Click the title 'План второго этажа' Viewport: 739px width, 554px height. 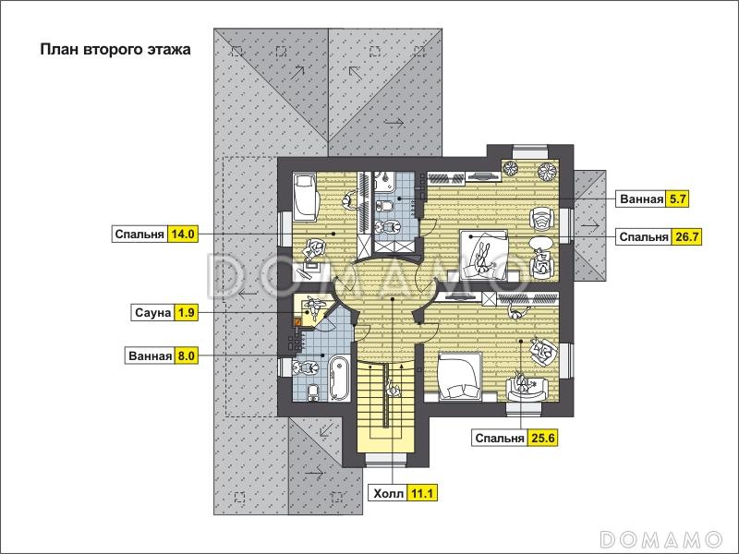(115, 50)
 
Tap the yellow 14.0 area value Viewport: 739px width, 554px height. (183, 234)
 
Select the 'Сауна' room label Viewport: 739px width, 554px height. (152, 312)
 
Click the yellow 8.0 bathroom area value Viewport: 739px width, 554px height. (186, 355)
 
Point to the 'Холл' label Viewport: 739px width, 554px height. (388, 494)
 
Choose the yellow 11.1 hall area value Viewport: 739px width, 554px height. (422, 494)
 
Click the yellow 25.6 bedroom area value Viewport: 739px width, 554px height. (542, 438)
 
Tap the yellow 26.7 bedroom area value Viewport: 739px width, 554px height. (686, 236)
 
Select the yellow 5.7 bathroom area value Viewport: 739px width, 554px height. (677, 199)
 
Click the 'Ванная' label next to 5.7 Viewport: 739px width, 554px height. (641, 199)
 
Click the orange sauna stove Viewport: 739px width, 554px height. (297, 322)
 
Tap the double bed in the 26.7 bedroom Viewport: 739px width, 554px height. (483, 253)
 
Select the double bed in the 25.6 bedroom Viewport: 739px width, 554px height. (459, 377)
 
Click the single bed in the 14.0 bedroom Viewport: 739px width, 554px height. (305, 197)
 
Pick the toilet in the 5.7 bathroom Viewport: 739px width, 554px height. (383, 205)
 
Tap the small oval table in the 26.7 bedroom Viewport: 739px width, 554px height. (540, 244)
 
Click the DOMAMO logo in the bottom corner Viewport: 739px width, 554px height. (661, 538)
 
